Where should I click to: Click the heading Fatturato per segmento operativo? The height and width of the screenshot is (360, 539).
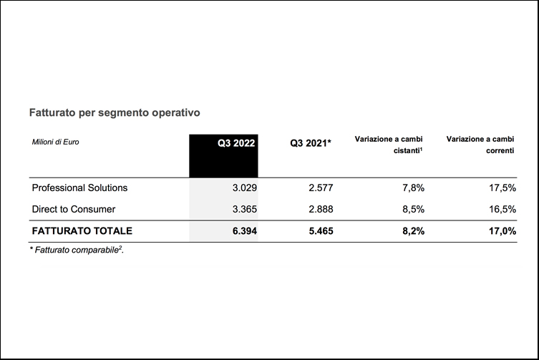click(x=114, y=112)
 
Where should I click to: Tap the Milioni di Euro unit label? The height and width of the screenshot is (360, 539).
click(x=55, y=142)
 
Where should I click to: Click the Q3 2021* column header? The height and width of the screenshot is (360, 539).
click(x=311, y=142)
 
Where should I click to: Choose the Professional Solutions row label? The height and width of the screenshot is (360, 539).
click(x=79, y=188)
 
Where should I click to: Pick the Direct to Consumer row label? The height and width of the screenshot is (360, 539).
click(x=74, y=209)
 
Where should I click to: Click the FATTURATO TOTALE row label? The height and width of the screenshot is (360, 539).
click(x=82, y=231)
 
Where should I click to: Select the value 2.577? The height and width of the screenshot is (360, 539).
click(x=319, y=188)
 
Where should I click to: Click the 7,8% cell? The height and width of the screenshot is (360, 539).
click(x=412, y=188)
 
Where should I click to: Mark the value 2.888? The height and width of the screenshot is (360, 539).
click(x=319, y=209)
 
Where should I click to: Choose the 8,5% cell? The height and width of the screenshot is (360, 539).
click(x=412, y=209)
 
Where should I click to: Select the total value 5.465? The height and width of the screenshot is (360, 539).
click(x=319, y=231)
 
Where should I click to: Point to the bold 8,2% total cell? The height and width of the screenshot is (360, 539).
click(x=412, y=231)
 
